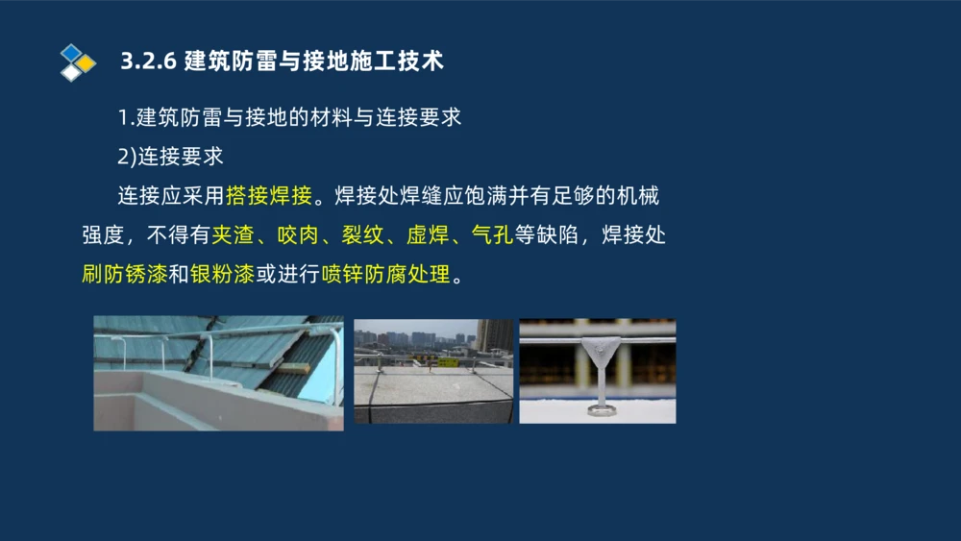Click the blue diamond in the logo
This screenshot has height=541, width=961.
[x=70, y=52]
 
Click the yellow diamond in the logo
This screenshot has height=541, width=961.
[x=86, y=63]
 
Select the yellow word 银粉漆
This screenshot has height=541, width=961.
[x=222, y=274]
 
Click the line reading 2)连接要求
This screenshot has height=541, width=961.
[x=170, y=157]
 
